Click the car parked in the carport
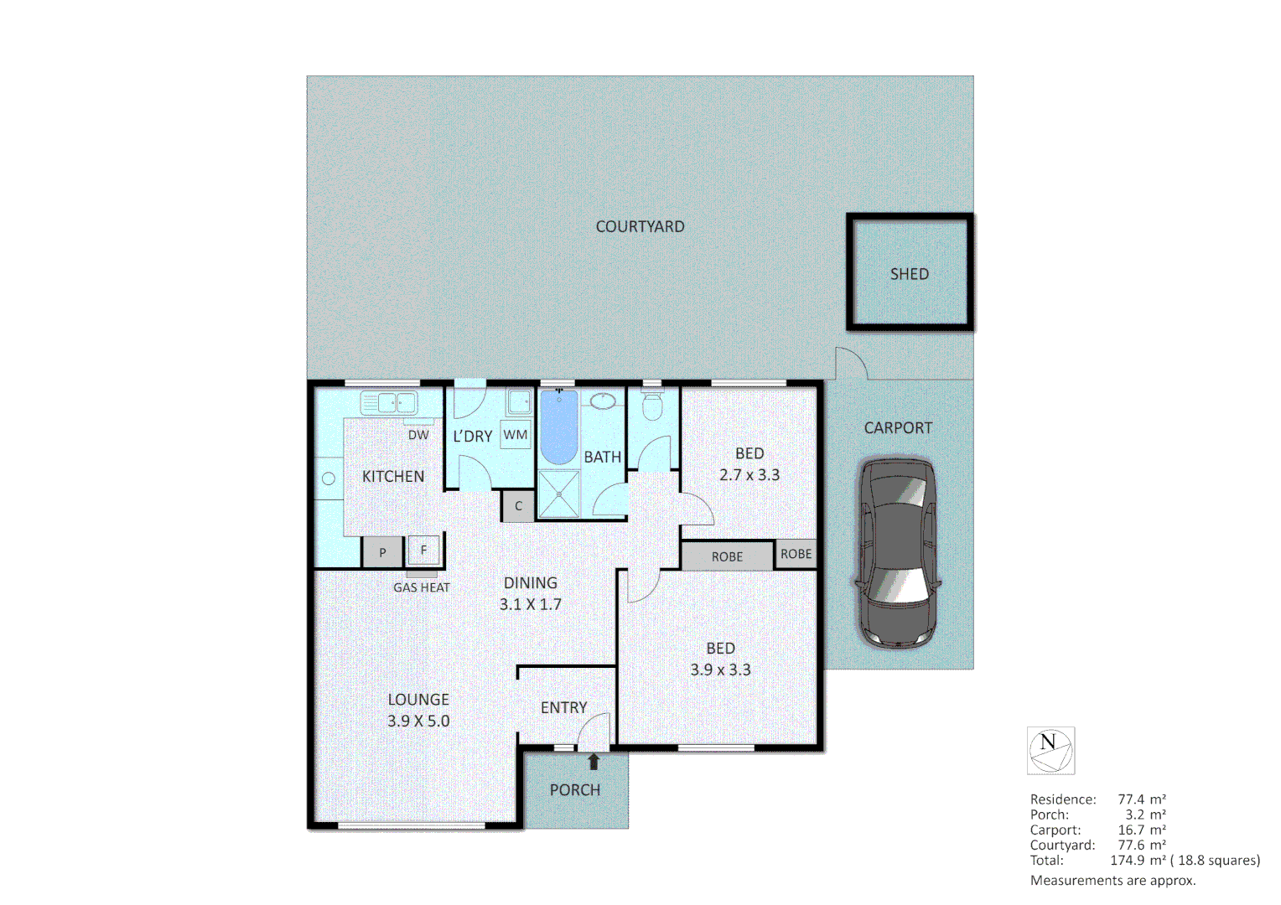[x=895, y=553]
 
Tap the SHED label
[x=909, y=274]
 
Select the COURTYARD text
[x=640, y=226]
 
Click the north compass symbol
[x=1050, y=750]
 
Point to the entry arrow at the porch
[x=594, y=762]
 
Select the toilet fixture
[x=651, y=406]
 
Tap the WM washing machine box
[x=516, y=435]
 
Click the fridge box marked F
[x=423, y=551]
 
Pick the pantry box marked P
[x=382, y=552]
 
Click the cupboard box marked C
[x=518, y=506]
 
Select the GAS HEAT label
[x=422, y=587]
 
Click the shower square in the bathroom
[x=558, y=494]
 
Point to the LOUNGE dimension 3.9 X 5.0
[x=418, y=721]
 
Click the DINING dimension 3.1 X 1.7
[x=531, y=604]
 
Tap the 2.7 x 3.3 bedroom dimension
[x=749, y=474]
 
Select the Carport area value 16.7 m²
[x=1141, y=830]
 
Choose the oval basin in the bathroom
[x=603, y=401]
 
